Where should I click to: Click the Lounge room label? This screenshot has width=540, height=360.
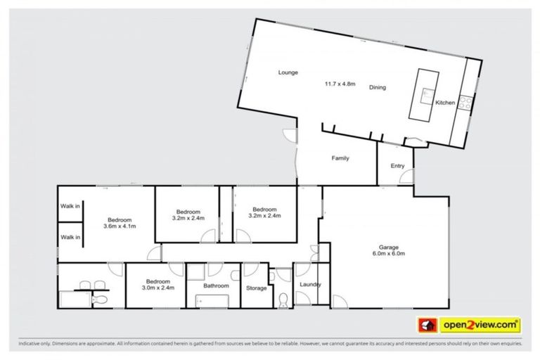point(288,72)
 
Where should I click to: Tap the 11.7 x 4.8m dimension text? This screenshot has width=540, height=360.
point(340,84)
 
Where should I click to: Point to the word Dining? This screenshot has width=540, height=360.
point(378,87)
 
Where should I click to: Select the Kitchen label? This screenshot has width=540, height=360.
point(445,103)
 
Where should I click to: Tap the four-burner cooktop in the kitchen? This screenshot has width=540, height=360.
point(463,101)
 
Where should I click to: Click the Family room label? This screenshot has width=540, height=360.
point(340,158)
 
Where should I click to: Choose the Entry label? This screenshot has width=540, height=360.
point(397,166)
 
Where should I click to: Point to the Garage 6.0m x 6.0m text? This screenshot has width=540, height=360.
point(389,250)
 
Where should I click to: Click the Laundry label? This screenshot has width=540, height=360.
point(310,284)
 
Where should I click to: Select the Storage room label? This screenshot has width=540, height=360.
point(256,287)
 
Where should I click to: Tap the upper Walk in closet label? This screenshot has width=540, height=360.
point(70,206)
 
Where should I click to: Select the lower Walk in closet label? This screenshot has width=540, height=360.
point(70,237)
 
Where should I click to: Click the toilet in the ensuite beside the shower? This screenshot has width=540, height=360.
point(101,300)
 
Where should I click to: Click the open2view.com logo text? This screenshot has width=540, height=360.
point(480,325)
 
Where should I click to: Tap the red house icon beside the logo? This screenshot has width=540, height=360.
point(427,325)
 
